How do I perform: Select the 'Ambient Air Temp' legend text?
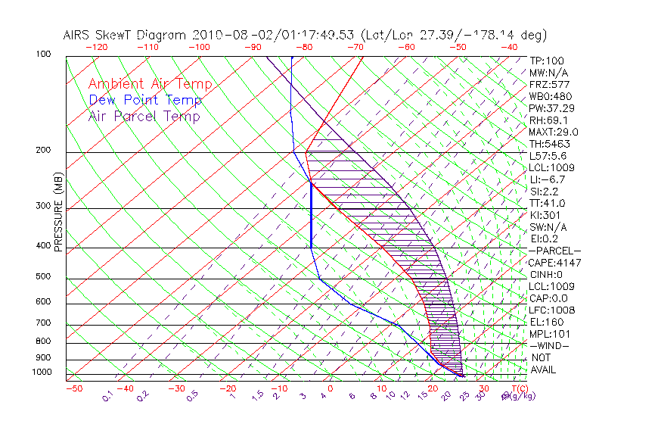(x=150, y=84)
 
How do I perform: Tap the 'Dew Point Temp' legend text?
(x=145, y=100)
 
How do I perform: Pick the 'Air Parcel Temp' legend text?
(x=144, y=116)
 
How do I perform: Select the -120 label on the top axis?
(x=96, y=48)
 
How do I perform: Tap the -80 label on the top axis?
(x=305, y=48)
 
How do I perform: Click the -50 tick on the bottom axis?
(x=73, y=388)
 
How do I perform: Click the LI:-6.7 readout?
(x=547, y=179)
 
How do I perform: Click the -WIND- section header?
(x=549, y=345)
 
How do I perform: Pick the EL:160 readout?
(x=545, y=322)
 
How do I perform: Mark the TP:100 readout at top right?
(x=546, y=61)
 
